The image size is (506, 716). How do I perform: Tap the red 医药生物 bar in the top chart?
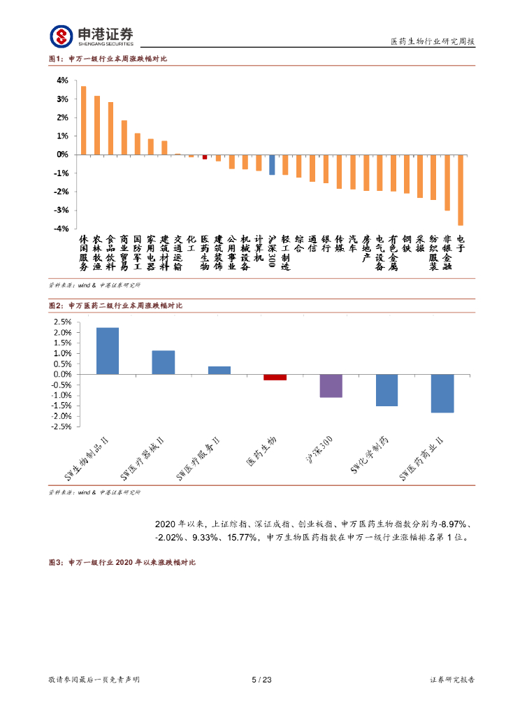coord(205,157)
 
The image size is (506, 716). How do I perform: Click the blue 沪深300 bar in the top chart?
coord(272,164)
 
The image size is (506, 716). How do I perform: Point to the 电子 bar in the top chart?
coord(461,189)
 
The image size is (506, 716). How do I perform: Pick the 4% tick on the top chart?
coord(62,80)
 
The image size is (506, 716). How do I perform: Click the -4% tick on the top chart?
coord(62,229)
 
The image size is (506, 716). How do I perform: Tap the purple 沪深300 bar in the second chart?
coord(331,386)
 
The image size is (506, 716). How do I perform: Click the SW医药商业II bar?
coord(442,394)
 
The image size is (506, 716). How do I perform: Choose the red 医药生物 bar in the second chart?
coord(275,378)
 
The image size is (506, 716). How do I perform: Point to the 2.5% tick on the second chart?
coord(62,322)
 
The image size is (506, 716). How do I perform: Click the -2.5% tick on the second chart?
coord(61,427)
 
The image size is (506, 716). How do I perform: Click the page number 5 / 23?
coord(261,680)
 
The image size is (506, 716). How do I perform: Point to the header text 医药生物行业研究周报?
coord(432,42)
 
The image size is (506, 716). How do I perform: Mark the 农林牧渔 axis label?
coord(98,253)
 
